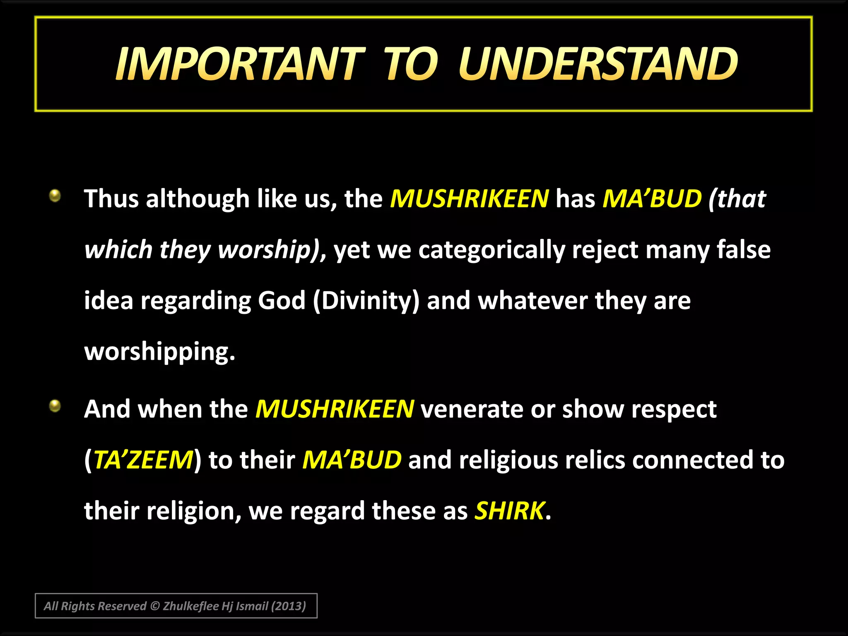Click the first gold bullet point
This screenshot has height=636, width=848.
(55, 195)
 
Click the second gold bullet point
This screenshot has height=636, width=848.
(55, 406)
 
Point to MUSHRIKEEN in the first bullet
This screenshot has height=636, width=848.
(470, 199)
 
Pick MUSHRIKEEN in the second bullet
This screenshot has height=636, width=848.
(335, 409)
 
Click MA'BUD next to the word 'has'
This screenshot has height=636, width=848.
(652, 199)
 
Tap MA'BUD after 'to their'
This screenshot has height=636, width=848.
(352, 460)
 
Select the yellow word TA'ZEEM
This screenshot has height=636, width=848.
(143, 460)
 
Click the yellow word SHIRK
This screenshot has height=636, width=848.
(509, 511)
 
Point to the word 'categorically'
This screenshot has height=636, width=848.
(491, 251)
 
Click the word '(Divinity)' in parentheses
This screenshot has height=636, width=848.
(366, 301)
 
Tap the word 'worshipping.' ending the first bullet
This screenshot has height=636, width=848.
(160, 352)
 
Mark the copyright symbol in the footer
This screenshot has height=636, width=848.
(155, 606)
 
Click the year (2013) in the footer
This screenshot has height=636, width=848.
(288, 606)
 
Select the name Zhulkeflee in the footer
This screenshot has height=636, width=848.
(191, 606)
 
